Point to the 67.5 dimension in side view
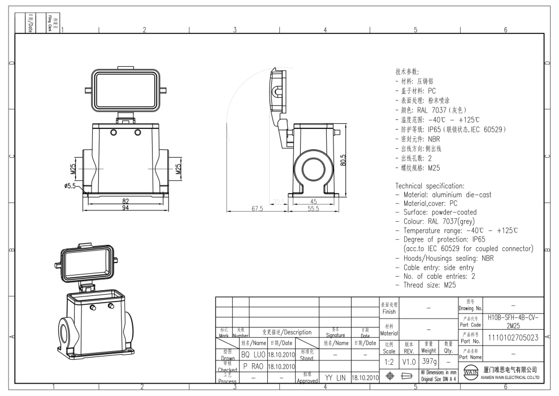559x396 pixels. pyautogui.click(x=257, y=208)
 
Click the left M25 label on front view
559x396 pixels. pyautogui.click(x=73, y=169)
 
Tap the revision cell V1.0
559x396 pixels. pyautogui.click(x=409, y=360)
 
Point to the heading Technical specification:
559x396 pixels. pyautogui.click(x=430, y=186)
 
